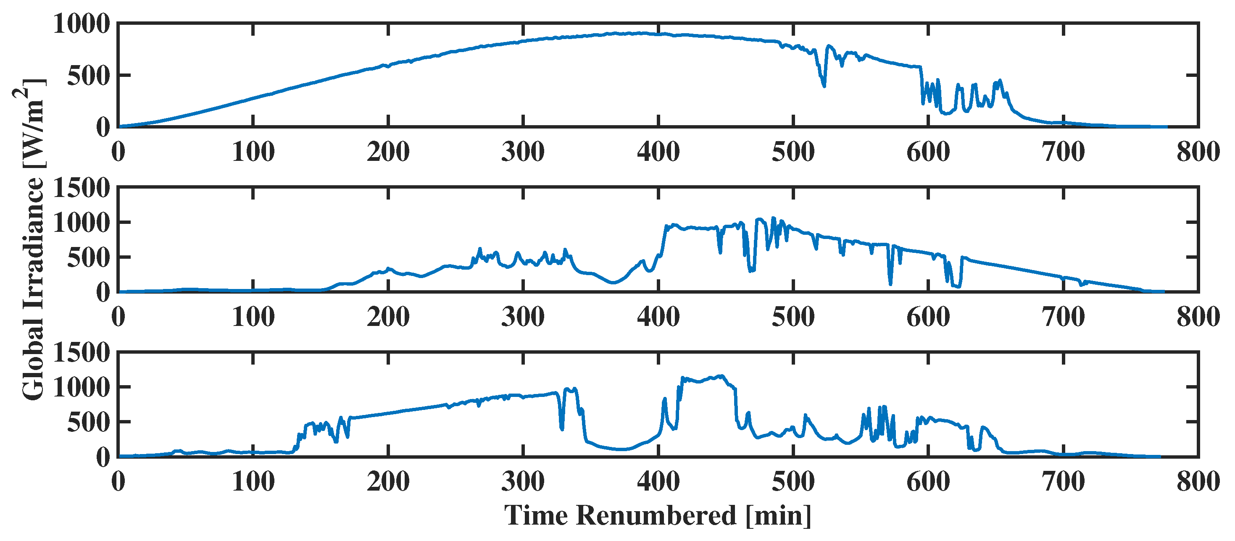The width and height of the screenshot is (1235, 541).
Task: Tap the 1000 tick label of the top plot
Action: click(82, 24)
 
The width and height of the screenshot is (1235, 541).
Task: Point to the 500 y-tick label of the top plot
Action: click(89, 76)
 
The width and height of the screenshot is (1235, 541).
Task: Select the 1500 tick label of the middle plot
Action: click(82, 188)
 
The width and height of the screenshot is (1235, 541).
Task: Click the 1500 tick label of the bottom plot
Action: click(82, 353)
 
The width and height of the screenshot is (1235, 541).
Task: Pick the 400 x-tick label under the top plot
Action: click(658, 152)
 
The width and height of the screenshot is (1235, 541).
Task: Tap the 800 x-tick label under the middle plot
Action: click(1198, 317)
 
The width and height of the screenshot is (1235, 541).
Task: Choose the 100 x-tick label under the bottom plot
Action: click(253, 482)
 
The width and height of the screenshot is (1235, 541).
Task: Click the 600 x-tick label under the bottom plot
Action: click(928, 482)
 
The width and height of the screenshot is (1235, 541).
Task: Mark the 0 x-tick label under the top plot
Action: click(118, 152)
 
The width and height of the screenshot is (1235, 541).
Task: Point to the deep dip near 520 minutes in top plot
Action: click(824, 85)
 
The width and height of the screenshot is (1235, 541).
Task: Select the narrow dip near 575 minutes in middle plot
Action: click(890, 283)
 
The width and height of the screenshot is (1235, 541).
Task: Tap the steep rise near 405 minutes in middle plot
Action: click(664, 239)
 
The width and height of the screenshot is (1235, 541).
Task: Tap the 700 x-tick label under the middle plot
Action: click(1063, 317)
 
